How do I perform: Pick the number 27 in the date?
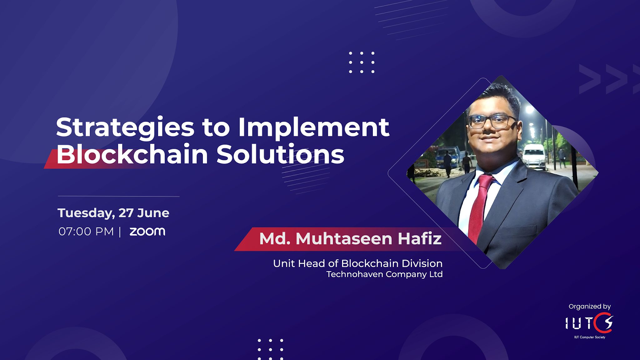pos(126,213)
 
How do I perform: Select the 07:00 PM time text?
pos(86,232)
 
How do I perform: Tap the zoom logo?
pos(148,232)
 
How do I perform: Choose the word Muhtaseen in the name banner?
pos(344,239)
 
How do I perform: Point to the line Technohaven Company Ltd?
pos(384,274)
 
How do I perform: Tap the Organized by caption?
pos(590,307)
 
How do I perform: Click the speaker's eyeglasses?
pos(492,122)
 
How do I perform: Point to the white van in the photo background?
pos(534,157)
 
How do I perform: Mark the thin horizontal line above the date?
pos(118,196)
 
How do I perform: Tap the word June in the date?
pos(153,213)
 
